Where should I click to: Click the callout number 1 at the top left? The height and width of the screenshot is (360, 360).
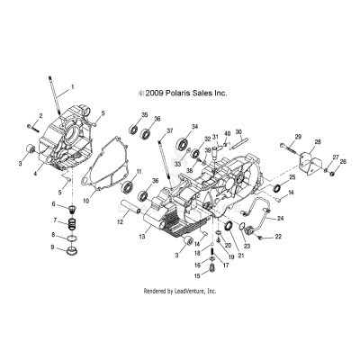73,86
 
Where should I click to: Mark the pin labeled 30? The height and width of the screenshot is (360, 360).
243,146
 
